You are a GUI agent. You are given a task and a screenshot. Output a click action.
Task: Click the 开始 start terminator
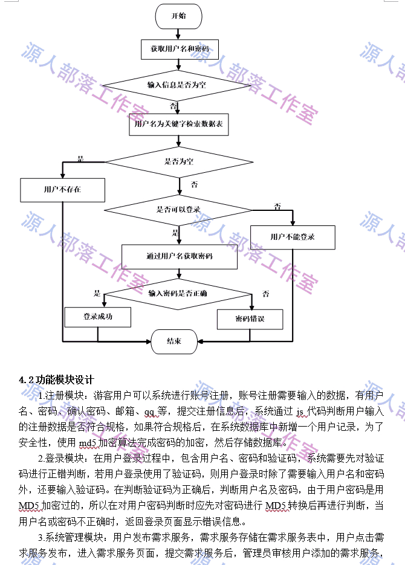pyautogui.click(x=178, y=16)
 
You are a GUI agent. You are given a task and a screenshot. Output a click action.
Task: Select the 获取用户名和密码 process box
pyautogui.click(x=179, y=48)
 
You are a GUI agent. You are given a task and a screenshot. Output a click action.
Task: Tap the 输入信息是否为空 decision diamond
pyautogui.click(x=177, y=85)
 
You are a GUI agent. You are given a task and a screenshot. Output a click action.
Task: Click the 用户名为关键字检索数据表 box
pyautogui.click(x=178, y=124)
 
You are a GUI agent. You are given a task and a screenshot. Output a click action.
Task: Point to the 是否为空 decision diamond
pyautogui.click(x=179, y=161)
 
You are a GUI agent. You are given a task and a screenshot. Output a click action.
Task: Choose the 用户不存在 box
pyautogui.click(x=62, y=189)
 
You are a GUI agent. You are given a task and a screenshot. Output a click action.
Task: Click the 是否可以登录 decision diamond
pyautogui.click(x=179, y=210)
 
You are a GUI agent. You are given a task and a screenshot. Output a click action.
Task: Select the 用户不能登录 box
pyautogui.click(x=293, y=236)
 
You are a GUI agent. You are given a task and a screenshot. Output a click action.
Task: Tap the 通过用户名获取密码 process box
pyautogui.click(x=179, y=256)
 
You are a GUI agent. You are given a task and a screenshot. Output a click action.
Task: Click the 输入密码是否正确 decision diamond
pyautogui.click(x=178, y=293)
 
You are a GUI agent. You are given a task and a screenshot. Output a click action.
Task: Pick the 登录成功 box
pyautogui.click(x=97, y=316)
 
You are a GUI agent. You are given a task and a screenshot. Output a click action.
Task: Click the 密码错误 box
pyautogui.click(x=250, y=318)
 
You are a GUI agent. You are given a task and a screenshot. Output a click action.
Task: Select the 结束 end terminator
pyautogui.click(x=174, y=341)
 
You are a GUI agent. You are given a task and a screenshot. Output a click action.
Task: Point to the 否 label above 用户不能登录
pyautogui.click(x=277, y=207)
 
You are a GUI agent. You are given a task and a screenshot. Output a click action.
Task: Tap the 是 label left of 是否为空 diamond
pyautogui.click(x=80, y=159)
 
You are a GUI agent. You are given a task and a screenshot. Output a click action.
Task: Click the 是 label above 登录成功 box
pyautogui.click(x=97, y=294)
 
